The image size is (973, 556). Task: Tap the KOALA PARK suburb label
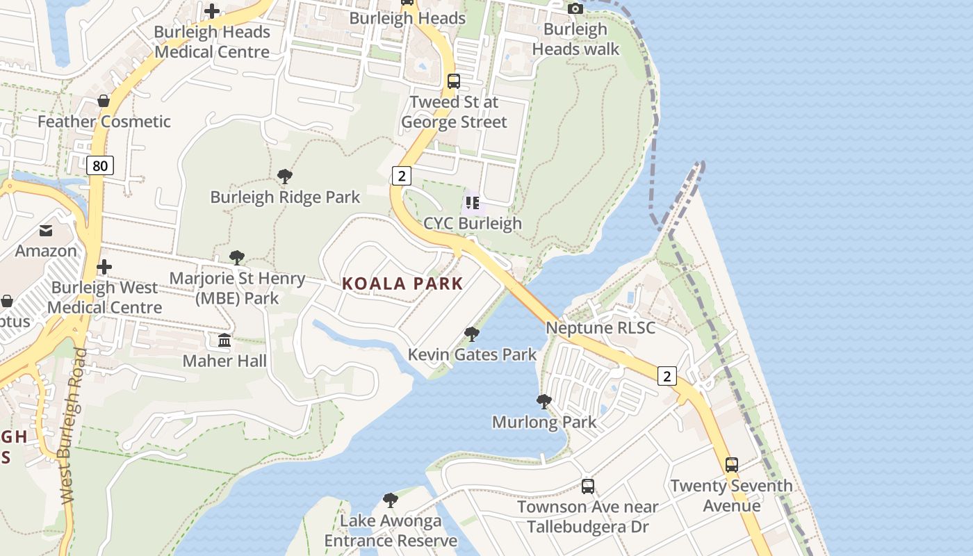click(402, 284)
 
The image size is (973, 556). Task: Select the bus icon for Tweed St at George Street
click(454, 81)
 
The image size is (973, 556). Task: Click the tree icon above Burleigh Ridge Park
click(284, 177)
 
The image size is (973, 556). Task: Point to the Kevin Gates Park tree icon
click(472, 334)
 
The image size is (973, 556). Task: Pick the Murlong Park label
click(544, 422)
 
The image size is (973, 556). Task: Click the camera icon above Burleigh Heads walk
click(575, 9)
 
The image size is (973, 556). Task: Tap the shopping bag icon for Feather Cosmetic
click(104, 101)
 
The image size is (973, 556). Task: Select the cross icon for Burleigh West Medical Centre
click(104, 267)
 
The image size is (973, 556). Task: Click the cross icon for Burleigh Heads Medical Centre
click(212, 11)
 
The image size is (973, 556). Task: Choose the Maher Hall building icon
click(224, 341)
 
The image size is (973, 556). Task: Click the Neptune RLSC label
click(600, 327)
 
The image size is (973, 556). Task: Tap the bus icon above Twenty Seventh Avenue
click(731, 465)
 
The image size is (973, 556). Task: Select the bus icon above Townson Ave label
click(587, 486)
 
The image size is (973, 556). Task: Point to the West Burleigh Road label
click(72, 425)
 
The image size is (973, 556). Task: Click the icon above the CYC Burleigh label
click(473, 203)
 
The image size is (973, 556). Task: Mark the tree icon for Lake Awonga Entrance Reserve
click(391, 500)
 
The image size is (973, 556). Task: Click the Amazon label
click(46, 251)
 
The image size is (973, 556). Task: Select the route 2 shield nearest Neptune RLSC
click(667, 376)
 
